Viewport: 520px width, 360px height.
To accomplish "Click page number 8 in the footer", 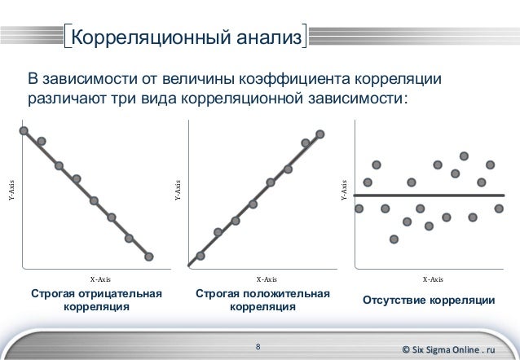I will [258, 348].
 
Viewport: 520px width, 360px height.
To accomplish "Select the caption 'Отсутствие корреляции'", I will [429, 301].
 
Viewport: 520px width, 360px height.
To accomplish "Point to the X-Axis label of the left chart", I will [99, 279].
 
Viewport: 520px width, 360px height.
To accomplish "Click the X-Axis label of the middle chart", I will [266, 279].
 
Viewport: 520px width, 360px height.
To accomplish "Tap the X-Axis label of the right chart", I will [433, 279].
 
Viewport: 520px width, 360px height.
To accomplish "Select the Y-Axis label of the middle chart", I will [177, 191].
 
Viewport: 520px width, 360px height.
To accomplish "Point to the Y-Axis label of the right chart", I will [343, 191].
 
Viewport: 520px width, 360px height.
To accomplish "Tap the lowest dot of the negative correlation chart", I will [148, 257].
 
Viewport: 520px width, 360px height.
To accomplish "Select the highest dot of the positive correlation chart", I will [320, 134].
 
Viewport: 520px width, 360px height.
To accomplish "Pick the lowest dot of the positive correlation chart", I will [201, 255].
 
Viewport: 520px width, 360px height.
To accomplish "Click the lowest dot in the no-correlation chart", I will [394, 239].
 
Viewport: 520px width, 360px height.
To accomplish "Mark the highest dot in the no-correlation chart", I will [464, 155].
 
